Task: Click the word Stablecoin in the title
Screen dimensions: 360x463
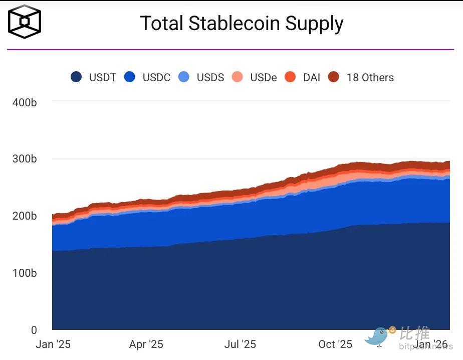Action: click(x=241, y=24)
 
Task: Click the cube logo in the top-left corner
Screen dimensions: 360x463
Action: click(x=25, y=22)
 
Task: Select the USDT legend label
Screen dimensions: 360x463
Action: click(x=102, y=78)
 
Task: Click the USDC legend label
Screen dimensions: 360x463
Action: click(x=156, y=78)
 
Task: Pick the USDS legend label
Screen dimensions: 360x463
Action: click(x=210, y=78)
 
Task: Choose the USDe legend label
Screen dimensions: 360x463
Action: click(x=264, y=78)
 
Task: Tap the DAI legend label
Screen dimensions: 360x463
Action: click(x=312, y=78)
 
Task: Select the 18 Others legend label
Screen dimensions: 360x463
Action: click(x=370, y=78)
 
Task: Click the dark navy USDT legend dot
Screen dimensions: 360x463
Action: click(x=77, y=77)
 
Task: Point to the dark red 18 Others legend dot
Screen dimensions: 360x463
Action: click(x=334, y=77)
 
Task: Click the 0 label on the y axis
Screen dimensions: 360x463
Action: click(x=34, y=330)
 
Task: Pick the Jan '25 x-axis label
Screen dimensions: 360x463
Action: click(x=53, y=344)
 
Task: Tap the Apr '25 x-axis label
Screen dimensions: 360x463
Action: click(x=146, y=344)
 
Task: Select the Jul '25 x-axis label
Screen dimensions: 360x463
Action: click(x=240, y=344)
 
